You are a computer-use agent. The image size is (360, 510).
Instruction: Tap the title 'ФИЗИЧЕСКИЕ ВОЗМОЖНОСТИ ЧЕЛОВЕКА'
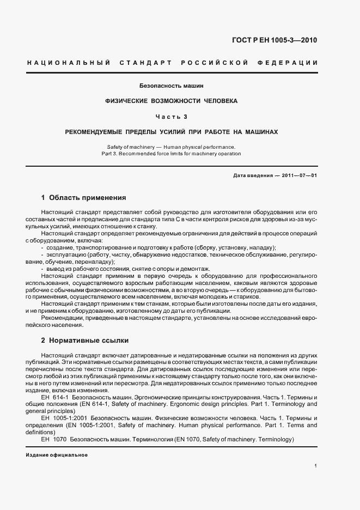172,101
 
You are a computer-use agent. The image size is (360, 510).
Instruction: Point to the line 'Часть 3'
172,117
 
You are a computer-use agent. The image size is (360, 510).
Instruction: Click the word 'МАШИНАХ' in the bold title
260,132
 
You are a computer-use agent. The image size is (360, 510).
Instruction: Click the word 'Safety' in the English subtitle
117,147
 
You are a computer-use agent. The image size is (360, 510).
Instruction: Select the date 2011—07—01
298,175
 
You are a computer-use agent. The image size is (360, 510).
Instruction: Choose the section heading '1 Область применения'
83,197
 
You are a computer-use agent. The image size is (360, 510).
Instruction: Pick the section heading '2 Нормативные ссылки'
85,341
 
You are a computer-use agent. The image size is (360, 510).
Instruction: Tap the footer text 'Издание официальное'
57,455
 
